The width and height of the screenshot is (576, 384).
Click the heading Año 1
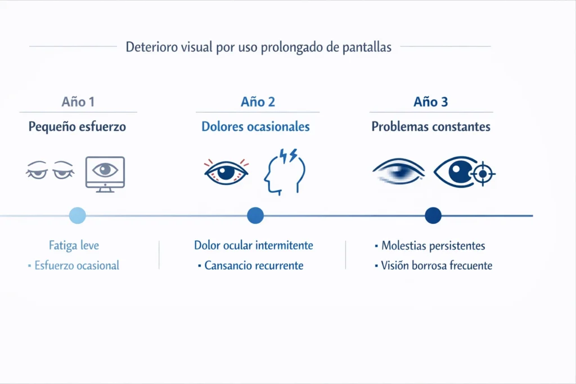78,102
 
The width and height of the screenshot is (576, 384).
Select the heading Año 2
258,102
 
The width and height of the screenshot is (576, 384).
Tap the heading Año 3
431,102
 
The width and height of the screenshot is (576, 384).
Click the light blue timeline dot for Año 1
77,215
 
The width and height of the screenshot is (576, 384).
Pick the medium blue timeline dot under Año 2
255,215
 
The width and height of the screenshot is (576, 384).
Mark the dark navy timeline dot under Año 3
433,215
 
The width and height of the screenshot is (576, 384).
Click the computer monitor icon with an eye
105,173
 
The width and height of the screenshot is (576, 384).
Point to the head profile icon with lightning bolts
285,171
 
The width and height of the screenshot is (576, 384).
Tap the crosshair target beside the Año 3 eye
482,173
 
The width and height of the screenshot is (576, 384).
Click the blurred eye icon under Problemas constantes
399,171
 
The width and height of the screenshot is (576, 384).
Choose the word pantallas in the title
366,47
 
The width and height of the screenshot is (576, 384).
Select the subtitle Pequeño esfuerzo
77,127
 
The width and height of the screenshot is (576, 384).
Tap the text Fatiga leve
74,246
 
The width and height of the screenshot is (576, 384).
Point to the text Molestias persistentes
433,246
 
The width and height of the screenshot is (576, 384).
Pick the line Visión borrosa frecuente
436,265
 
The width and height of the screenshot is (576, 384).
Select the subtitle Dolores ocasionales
255,127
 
